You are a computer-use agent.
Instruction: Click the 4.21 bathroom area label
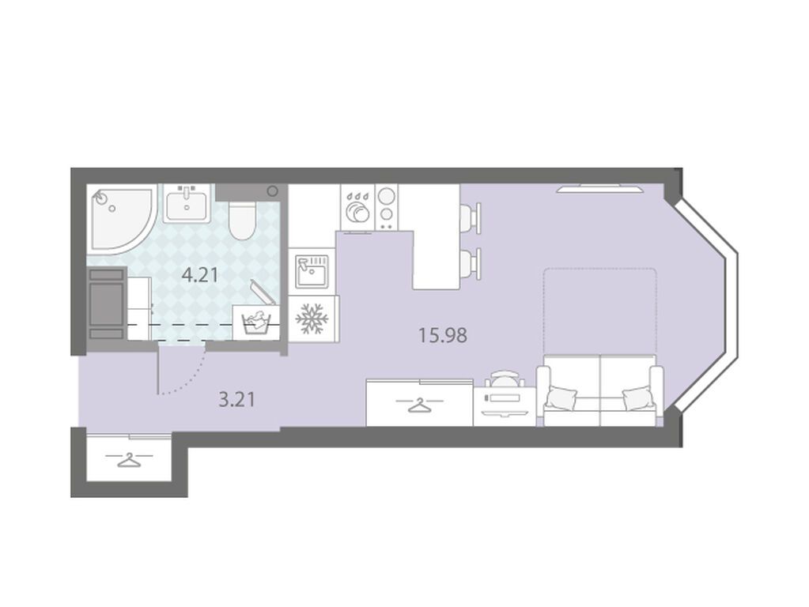coord(200,275)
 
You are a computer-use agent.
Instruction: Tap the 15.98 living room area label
coord(443,336)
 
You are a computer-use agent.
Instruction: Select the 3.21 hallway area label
coord(236,400)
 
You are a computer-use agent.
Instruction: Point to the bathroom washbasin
coord(187,204)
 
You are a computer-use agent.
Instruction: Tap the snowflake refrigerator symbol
coord(312,319)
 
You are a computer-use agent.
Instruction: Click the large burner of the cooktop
coord(386,197)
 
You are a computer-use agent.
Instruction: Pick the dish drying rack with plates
coord(357,209)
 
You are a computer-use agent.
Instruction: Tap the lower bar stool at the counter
coord(471,263)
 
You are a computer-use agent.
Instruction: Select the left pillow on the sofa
coord(561,398)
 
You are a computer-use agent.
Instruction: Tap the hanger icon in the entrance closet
coord(128,458)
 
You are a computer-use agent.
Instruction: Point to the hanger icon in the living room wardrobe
coord(419,405)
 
